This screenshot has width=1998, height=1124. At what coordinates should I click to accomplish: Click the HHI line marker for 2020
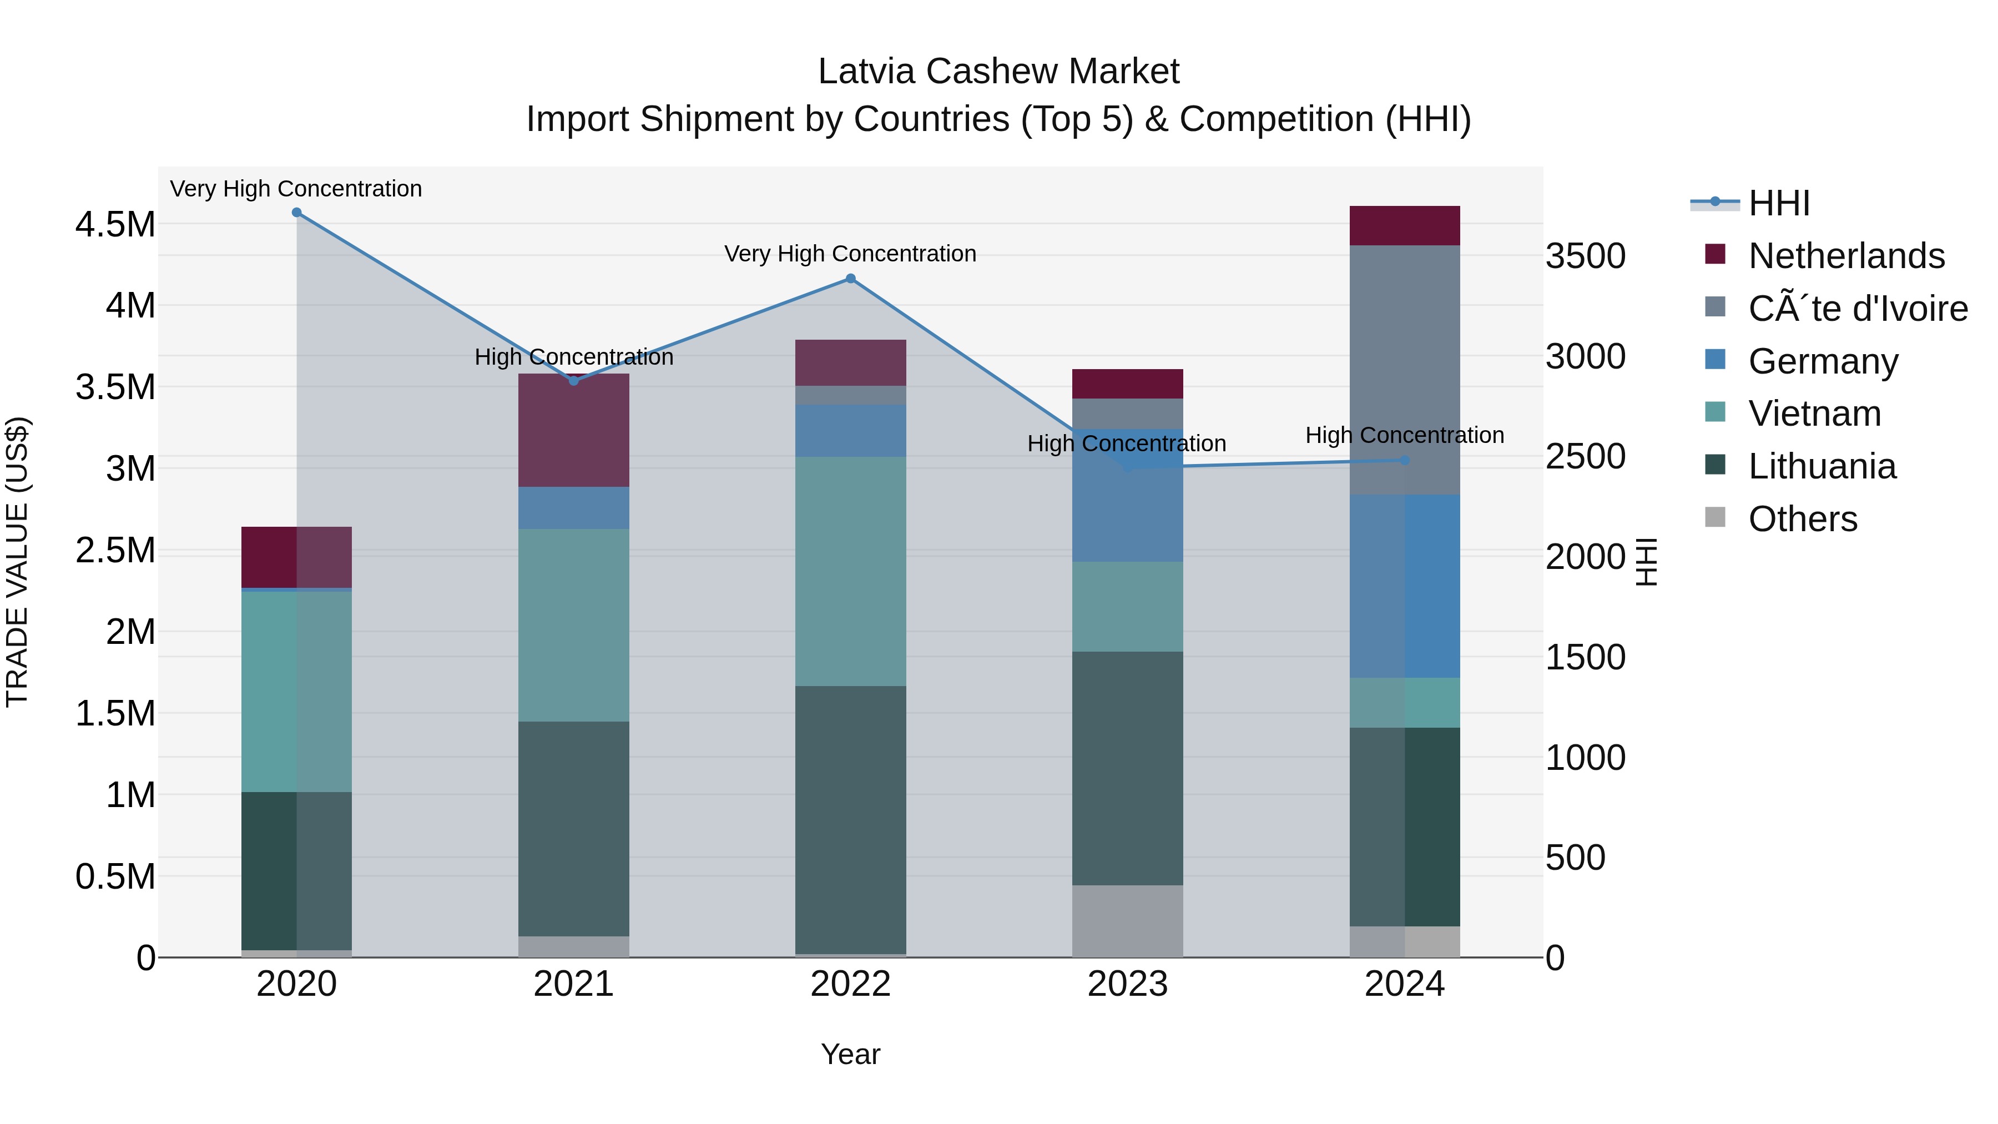click(x=296, y=213)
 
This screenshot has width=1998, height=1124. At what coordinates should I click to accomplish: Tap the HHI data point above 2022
click(x=850, y=279)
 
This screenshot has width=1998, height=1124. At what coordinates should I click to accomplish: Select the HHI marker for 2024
click(x=1405, y=460)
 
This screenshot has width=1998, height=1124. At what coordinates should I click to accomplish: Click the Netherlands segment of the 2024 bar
click(x=1405, y=226)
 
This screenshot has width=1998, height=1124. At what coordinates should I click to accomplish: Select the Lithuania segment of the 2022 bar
click(x=850, y=819)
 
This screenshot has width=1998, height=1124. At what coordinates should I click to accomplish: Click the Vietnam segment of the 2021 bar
click(x=573, y=625)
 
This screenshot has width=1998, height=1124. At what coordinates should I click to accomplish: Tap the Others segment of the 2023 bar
click(x=1127, y=921)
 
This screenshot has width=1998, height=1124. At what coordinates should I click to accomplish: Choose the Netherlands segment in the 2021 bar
click(x=573, y=431)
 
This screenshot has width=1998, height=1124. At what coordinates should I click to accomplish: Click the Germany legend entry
click(x=1823, y=361)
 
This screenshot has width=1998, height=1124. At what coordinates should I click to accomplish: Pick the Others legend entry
click(x=1802, y=519)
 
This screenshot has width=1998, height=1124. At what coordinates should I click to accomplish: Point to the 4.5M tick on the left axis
click(x=115, y=225)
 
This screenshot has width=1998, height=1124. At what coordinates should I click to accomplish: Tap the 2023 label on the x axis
click(x=1127, y=984)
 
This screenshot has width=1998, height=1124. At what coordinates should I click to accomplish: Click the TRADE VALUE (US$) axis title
click(x=17, y=562)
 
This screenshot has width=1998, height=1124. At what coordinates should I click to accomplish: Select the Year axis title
click(x=850, y=1054)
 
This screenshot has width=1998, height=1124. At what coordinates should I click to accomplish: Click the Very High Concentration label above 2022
click(x=850, y=254)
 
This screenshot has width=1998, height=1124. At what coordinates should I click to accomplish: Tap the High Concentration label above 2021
click(x=573, y=357)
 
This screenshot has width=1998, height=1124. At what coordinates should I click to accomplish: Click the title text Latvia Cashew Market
click(x=998, y=72)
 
